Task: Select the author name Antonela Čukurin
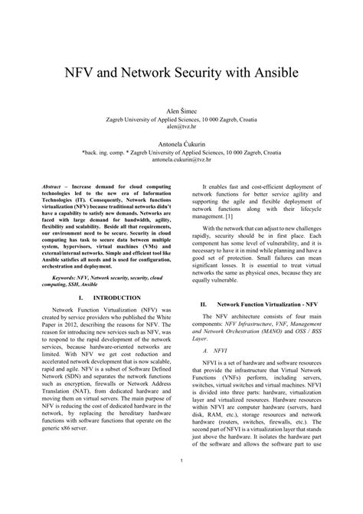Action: (x=181, y=143)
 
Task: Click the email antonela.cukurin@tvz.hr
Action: (x=181, y=160)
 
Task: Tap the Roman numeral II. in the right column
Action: (x=204, y=305)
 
